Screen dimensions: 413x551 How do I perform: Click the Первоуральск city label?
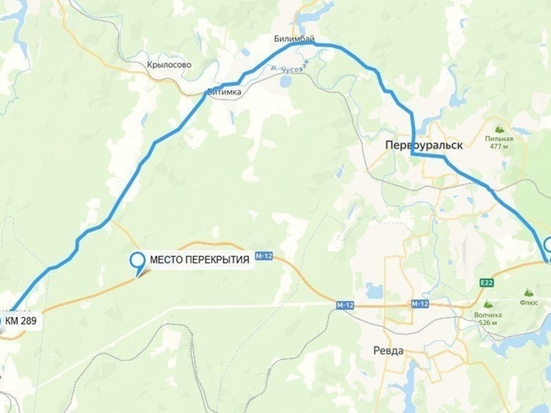[x=424, y=146]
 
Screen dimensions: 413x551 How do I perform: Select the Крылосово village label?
[x=169, y=65]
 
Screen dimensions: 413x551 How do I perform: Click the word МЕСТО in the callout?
[x=168, y=260]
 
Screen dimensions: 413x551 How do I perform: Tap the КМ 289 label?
[x=21, y=321]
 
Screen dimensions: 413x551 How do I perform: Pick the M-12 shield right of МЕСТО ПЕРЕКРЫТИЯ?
[x=264, y=256]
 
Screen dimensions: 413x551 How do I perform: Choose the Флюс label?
[x=529, y=302]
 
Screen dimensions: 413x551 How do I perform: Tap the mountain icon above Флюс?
[x=529, y=293]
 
